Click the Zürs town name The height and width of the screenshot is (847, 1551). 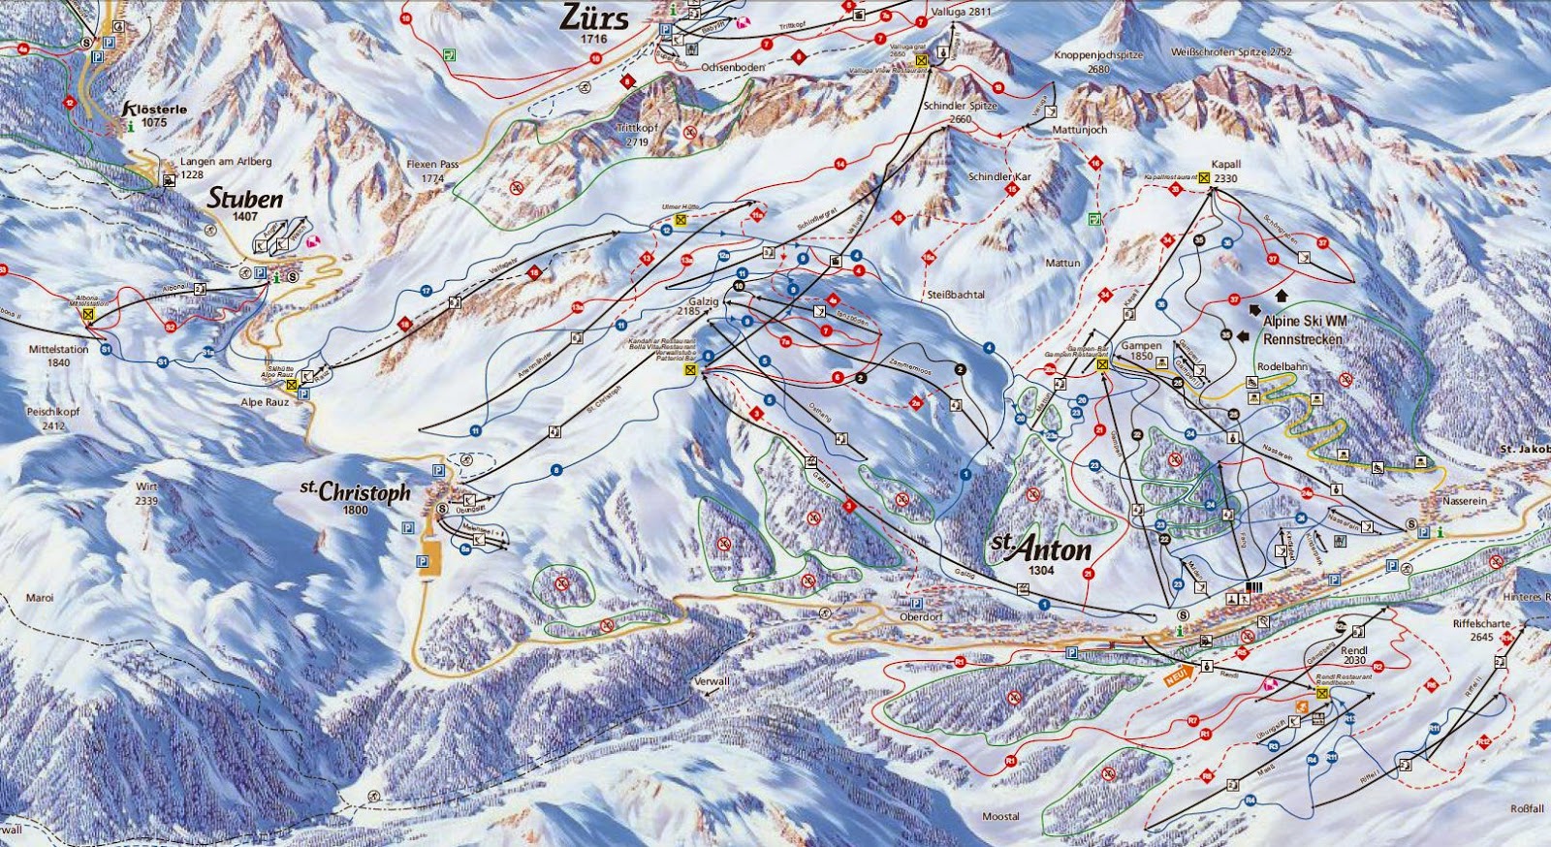(x=594, y=18)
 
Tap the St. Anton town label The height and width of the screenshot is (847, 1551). (x=1041, y=549)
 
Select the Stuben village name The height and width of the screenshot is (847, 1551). (x=245, y=200)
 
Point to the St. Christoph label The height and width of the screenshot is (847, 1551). (x=356, y=491)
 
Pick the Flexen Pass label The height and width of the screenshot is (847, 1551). (x=432, y=172)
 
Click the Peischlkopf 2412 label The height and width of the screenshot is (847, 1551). (x=45, y=418)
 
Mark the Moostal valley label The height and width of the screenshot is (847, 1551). (x=999, y=816)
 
